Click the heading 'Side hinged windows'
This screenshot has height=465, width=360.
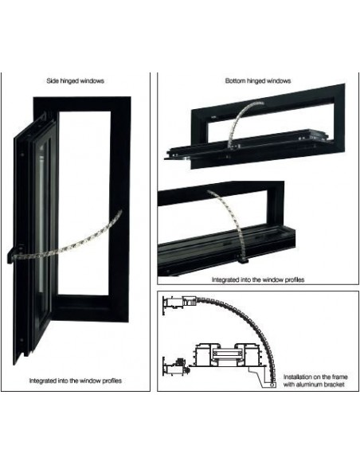point(76,81)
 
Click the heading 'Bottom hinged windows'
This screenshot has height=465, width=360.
point(258,81)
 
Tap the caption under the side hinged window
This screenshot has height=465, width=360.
point(76,381)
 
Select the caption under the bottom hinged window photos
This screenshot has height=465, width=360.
point(258,279)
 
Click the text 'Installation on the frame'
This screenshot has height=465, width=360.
point(315,377)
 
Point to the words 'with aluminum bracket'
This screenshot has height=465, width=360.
point(314,385)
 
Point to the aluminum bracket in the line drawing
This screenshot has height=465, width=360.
point(263,376)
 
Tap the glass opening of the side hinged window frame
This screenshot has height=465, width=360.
point(84,203)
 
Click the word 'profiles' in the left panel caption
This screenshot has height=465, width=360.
point(112,381)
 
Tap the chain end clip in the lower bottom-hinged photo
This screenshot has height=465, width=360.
point(244,260)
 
